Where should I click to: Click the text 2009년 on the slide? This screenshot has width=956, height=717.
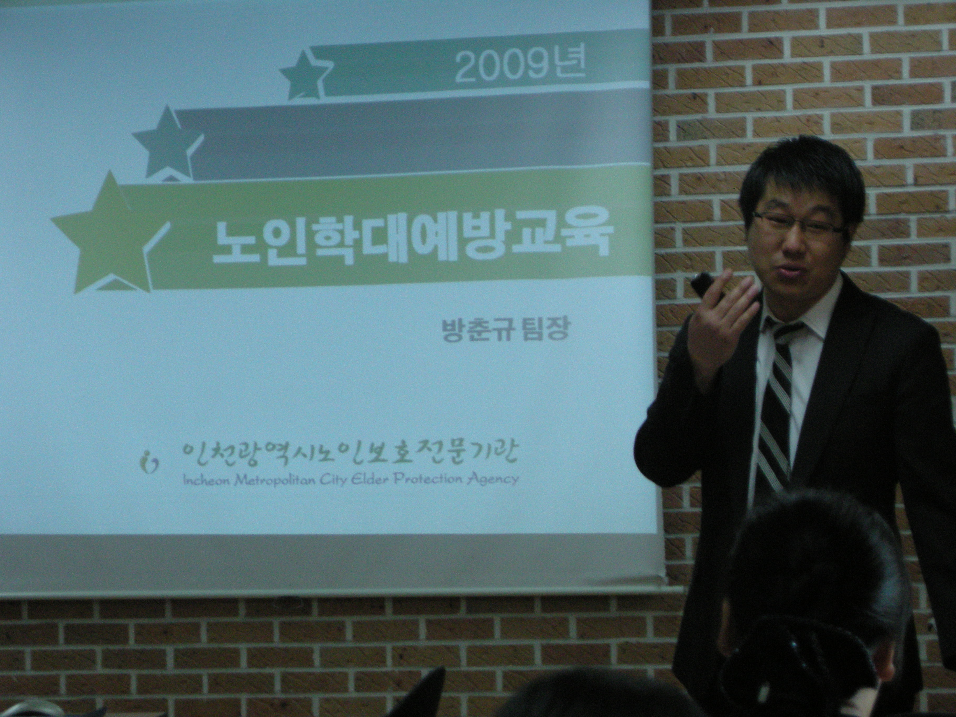point(520,68)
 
